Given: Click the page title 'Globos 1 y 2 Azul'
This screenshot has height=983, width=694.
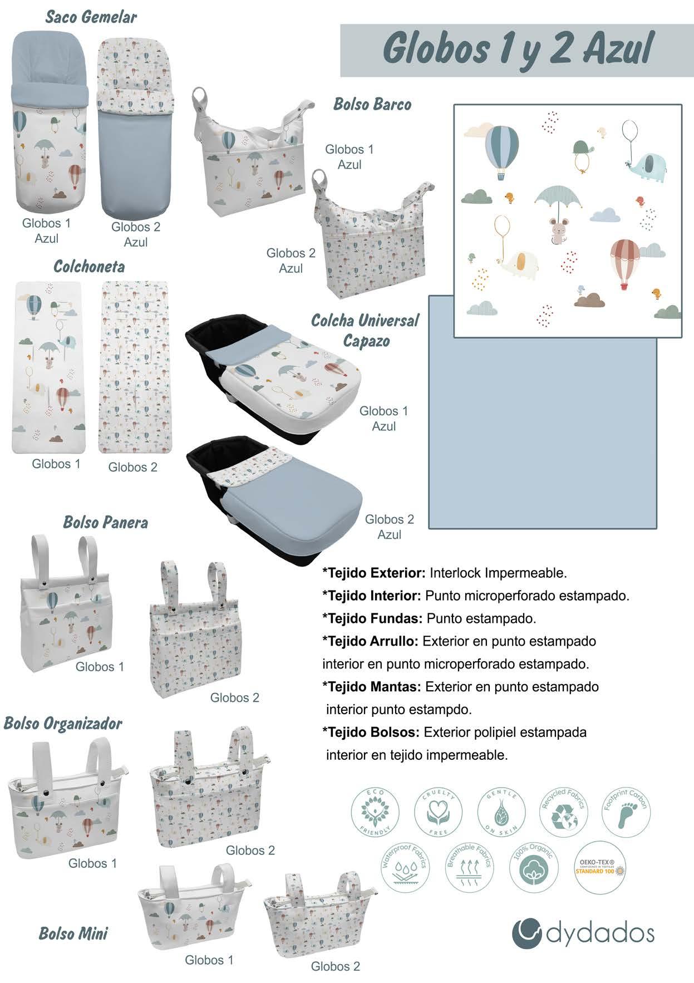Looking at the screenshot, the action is coord(518,50).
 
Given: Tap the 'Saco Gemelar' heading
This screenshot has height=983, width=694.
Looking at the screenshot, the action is coord(91,17).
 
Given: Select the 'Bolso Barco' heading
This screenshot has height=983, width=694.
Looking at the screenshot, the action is coord(372,104).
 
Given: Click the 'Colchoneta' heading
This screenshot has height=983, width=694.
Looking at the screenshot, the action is coord(88,267).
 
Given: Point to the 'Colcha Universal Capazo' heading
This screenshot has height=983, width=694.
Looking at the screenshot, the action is coord(365,330).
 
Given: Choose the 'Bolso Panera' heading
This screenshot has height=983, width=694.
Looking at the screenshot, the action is coord(105,522).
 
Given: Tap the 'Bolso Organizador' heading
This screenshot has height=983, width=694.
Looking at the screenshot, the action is coord(63,723).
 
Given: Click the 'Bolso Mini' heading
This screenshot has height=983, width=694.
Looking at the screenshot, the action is coord(73,933).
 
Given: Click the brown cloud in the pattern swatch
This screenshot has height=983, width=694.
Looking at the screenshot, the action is coord(590,301).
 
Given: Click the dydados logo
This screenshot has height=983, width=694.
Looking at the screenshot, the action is coord(583,933).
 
